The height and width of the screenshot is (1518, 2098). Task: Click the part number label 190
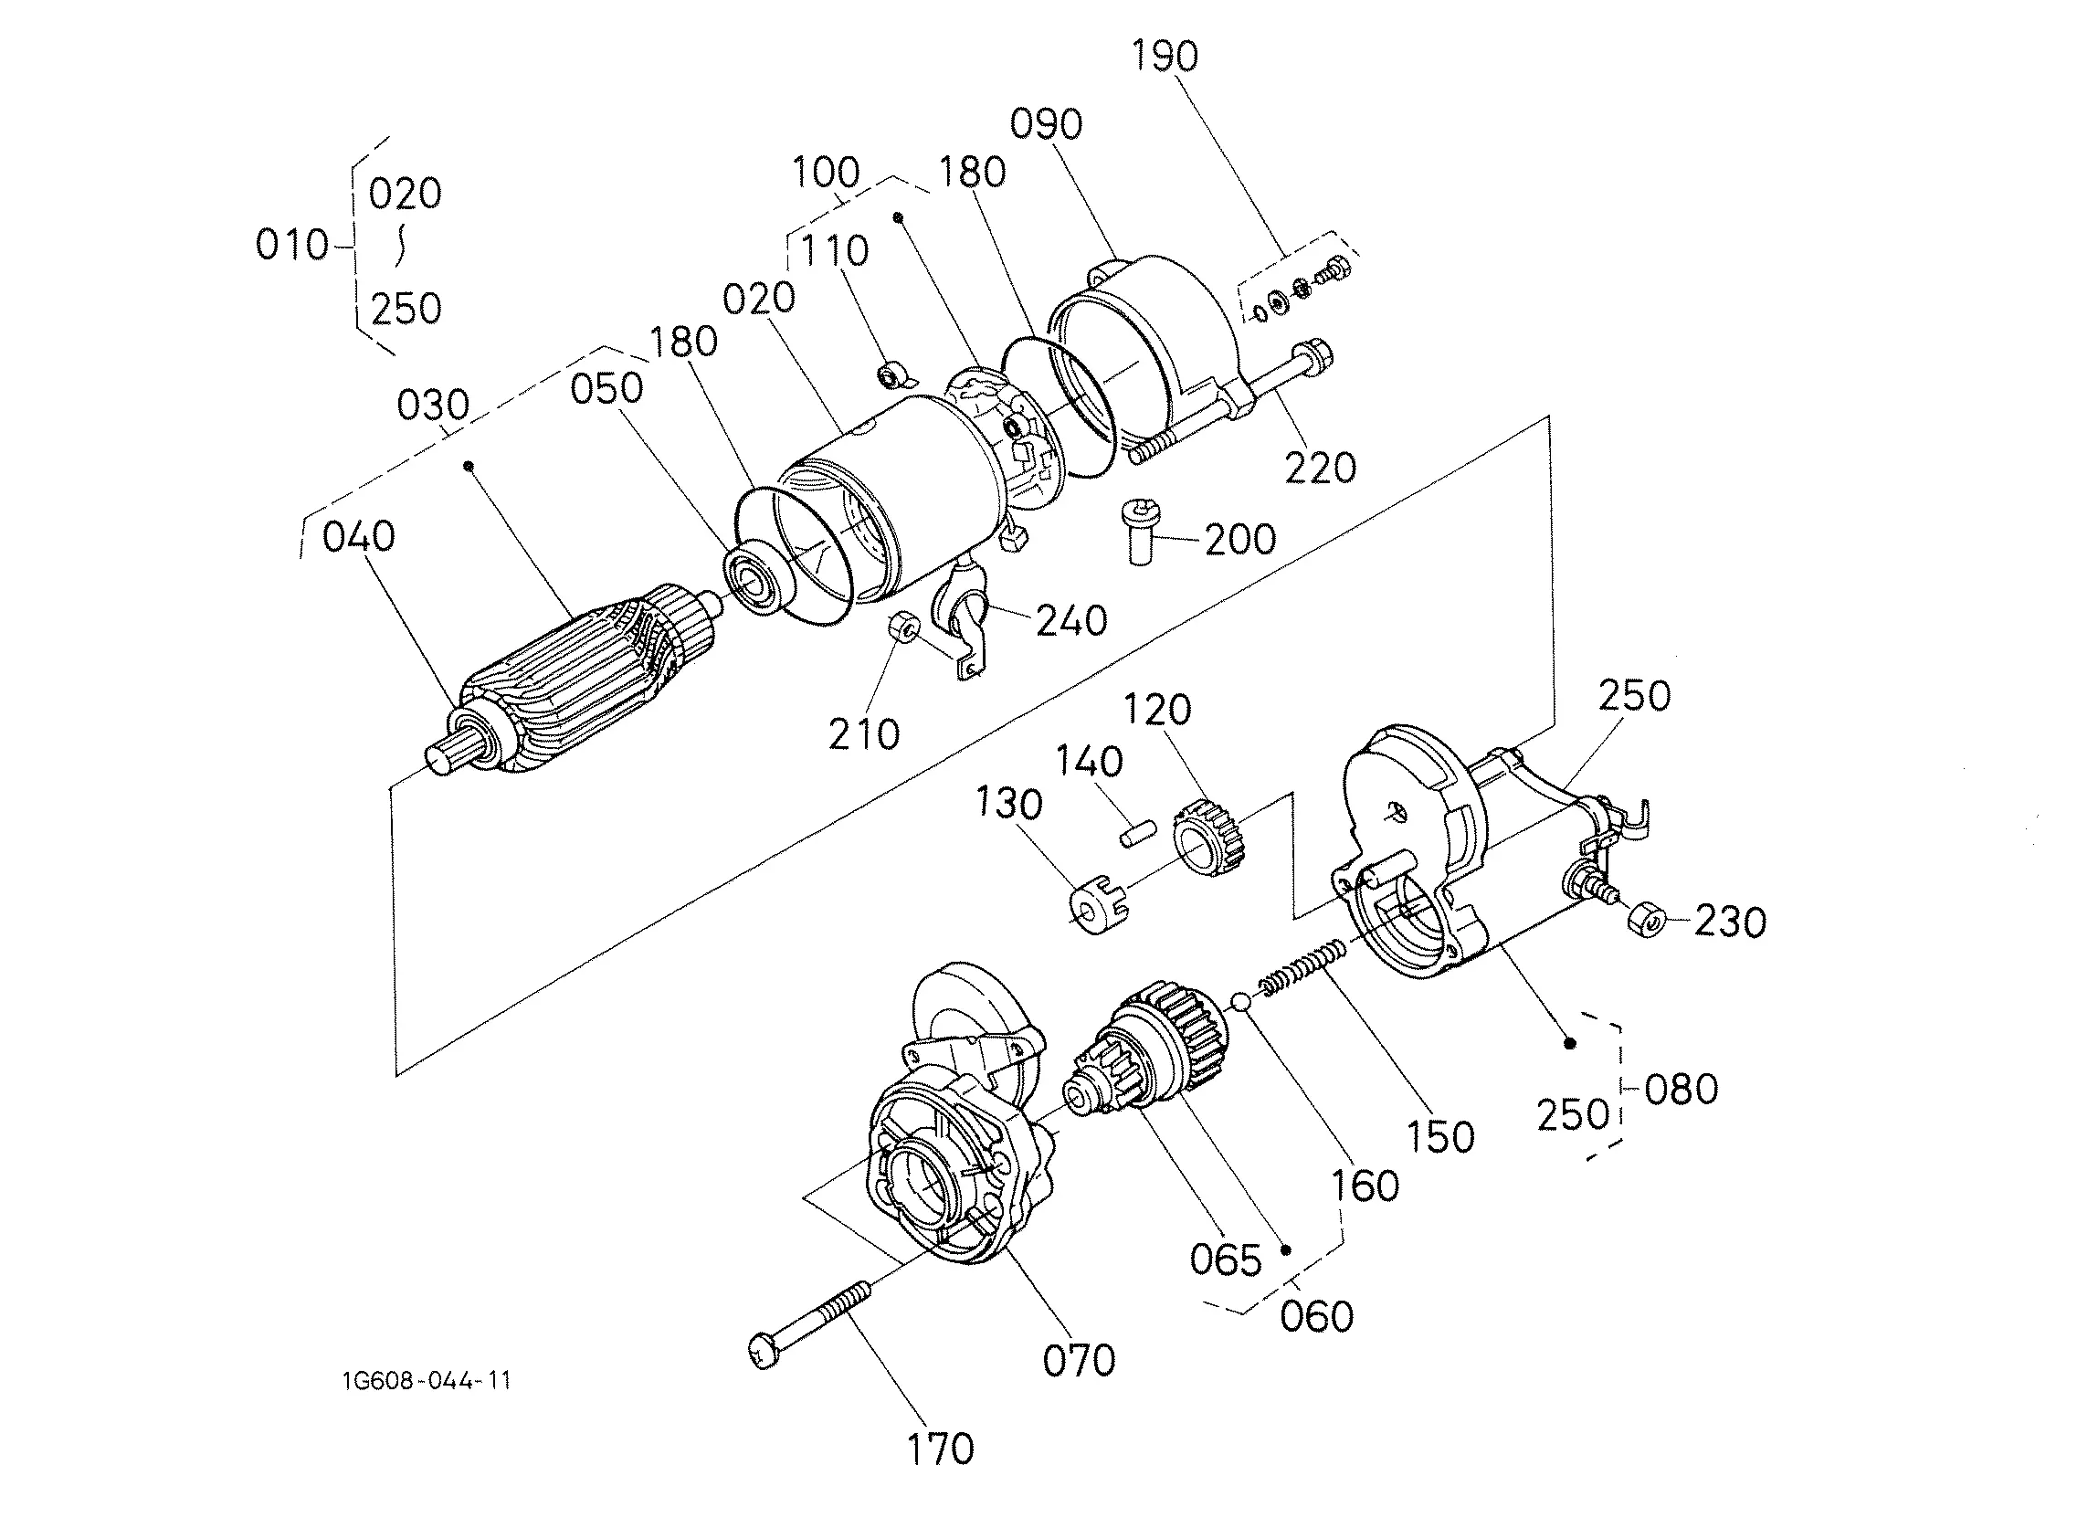click(x=1165, y=57)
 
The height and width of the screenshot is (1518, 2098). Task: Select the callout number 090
click(x=1046, y=124)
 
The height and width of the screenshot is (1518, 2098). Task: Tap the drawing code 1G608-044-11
click(x=427, y=1382)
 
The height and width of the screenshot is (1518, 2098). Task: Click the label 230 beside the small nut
click(x=1731, y=922)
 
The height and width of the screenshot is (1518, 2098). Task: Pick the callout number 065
click(x=1226, y=1260)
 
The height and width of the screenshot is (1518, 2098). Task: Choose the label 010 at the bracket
click(x=292, y=245)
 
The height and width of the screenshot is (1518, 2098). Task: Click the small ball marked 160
click(x=1240, y=1002)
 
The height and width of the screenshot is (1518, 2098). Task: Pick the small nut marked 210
click(x=902, y=629)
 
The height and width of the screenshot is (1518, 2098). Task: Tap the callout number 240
click(x=1072, y=621)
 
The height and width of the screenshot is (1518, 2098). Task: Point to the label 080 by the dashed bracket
click(x=1682, y=1089)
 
